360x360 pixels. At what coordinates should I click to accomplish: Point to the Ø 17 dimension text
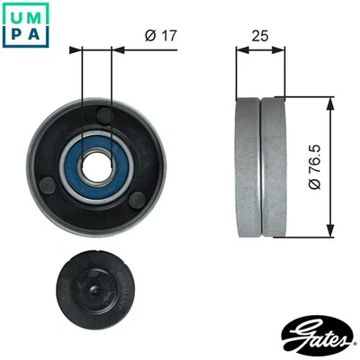[158, 35]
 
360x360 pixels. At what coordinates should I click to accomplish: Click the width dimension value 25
[260, 35]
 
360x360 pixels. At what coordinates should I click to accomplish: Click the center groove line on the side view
[260, 166]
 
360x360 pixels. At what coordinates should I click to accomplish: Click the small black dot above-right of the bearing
[105, 115]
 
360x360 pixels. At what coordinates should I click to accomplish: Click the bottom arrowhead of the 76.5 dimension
[330, 231]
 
